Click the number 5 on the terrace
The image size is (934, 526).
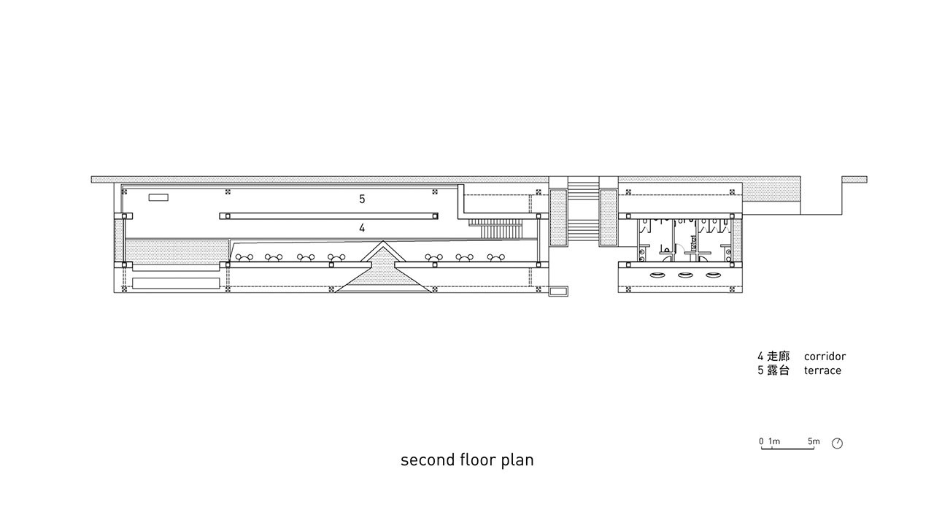362,199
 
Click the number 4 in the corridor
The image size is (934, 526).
362,228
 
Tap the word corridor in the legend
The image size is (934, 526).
825,357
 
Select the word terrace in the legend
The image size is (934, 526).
822,370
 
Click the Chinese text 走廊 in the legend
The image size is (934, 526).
779,357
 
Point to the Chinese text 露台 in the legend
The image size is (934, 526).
779,370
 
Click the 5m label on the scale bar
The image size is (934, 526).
814,441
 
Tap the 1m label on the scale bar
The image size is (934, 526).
774,441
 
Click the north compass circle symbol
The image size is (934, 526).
837,443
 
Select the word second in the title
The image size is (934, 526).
428,460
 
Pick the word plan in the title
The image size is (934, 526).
517,460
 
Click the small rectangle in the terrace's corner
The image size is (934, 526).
158,197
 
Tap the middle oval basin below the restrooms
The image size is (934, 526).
685,275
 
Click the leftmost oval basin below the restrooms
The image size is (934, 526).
657,275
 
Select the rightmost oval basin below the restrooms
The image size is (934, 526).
713,275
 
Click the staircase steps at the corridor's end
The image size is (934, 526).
495,229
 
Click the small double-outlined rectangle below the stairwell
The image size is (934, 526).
558,291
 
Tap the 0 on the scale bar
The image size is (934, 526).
761,441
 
